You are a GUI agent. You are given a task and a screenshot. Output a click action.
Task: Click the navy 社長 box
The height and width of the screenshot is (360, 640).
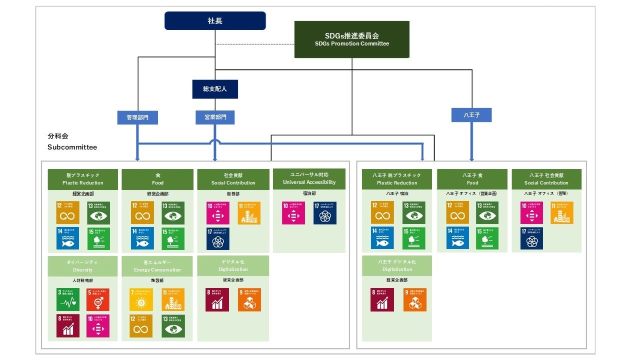click(215, 21)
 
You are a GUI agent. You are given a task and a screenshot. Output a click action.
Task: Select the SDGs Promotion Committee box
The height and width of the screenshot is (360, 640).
click(351, 39)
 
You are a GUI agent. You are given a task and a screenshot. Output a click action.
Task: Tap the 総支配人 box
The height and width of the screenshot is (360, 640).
click(215, 89)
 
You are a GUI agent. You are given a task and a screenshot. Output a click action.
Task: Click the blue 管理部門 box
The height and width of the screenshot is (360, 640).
click(137, 117)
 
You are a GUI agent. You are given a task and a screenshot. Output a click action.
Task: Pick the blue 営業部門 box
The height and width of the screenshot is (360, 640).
click(215, 117)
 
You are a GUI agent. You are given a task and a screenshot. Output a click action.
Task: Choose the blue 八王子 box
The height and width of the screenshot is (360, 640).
click(471, 115)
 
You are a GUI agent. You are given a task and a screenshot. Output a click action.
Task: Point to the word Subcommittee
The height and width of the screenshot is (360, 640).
click(72, 147)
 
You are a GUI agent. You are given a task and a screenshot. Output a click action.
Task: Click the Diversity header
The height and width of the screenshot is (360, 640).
click(82, 266)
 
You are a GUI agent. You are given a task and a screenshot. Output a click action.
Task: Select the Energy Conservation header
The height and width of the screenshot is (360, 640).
click(157, 266)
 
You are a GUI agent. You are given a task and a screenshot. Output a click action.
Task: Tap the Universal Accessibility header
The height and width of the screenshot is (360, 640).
click(309, 178)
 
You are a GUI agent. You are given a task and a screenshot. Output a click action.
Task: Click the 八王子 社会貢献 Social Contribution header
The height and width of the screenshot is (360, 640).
click(546, 179)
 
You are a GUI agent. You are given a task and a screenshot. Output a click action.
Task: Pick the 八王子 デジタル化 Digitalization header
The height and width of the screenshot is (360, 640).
click(397, 265)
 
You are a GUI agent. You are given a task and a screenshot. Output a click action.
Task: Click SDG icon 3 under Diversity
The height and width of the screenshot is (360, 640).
click(67, 299)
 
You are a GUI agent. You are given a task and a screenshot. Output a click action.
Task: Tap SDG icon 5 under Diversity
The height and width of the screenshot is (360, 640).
click(97, 299)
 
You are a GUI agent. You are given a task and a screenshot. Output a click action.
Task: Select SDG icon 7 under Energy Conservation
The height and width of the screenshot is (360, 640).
click(142, 299)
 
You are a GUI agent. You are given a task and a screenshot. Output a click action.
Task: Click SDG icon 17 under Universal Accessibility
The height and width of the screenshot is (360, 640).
click(325, 213)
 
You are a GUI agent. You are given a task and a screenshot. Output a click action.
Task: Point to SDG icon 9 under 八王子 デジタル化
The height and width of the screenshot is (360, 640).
click(415, 299)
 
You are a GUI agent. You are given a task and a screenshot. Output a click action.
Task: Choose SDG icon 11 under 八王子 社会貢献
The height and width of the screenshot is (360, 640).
click(562, 213)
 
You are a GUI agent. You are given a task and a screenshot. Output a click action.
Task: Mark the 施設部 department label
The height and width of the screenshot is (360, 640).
click(157, 280)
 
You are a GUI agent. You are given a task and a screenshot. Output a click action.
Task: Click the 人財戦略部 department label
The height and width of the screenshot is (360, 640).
click(82, 280)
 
